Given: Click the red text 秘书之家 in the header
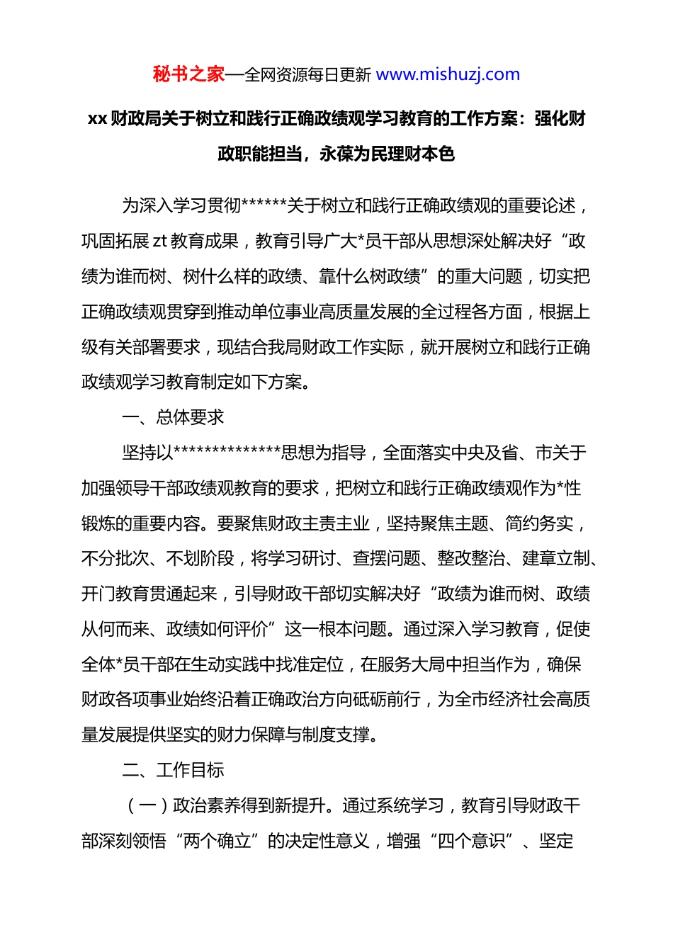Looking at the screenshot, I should click(188, 74).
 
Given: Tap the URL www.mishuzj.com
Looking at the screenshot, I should click(448, 74).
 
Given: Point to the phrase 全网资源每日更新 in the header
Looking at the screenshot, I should click(307, 75).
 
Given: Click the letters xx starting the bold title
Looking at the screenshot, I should click(97, 119).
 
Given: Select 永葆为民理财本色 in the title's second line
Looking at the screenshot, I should click(387, 154).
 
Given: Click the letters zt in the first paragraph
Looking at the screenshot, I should click(159, 242).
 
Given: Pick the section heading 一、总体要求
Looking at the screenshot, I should click(173, 417).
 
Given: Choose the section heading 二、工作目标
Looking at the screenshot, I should click(173, 770).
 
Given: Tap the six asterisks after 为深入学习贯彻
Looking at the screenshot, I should click(264, 206).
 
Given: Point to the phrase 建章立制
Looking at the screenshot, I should click(556, 559).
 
